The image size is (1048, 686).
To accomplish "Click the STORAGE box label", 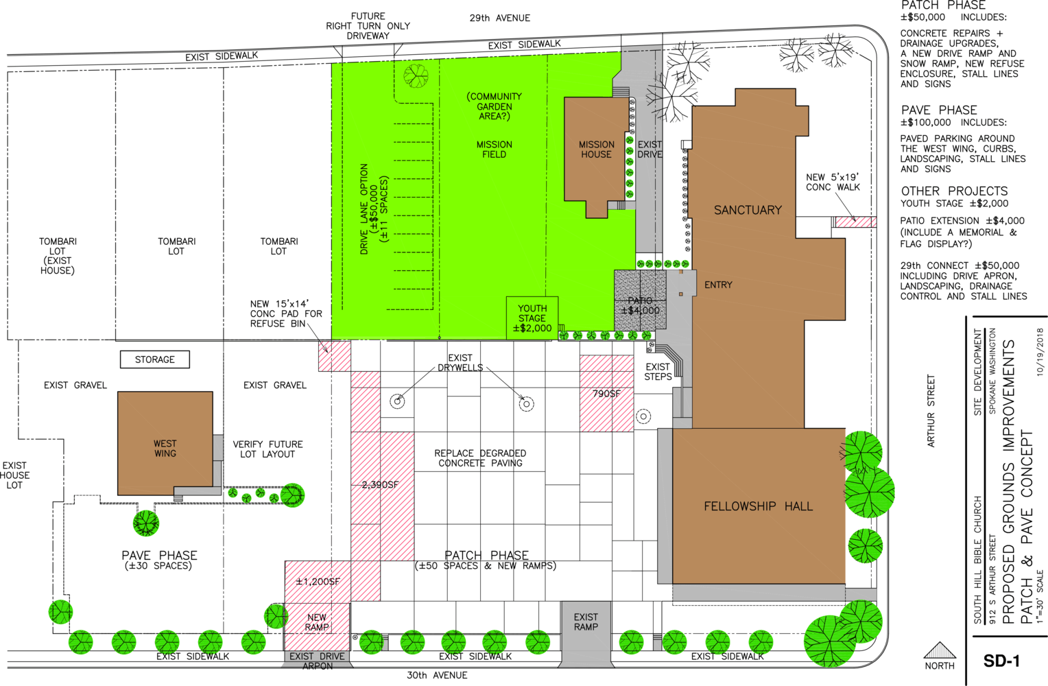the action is point(155,359).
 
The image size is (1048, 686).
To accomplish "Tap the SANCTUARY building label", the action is point(748,210).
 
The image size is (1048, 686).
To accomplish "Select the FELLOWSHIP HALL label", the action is point(758,506).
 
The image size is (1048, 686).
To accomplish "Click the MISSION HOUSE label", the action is point(597,150).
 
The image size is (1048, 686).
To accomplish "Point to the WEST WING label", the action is point(165,448).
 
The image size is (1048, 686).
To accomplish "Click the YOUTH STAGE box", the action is point(532,318).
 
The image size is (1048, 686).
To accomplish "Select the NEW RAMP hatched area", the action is point(317,626).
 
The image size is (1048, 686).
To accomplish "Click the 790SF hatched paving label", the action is point(606,394).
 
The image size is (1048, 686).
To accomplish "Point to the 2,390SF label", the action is point(380,485).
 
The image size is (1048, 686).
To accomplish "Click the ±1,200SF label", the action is point(318,582).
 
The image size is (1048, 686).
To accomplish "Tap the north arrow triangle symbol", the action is point(940,650).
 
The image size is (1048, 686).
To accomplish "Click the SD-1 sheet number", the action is point(1001,661).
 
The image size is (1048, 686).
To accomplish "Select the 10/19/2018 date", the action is point(1040,352).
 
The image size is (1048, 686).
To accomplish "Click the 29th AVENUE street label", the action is point(500,18).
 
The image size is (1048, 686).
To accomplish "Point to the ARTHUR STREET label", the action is point(931,411).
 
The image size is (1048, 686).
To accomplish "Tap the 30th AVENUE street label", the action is point(437,675).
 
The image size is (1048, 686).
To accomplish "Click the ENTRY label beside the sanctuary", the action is point(718,285).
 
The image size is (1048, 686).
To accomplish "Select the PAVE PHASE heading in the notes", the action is point(939,110).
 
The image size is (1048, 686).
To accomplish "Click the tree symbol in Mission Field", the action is point(416,75).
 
